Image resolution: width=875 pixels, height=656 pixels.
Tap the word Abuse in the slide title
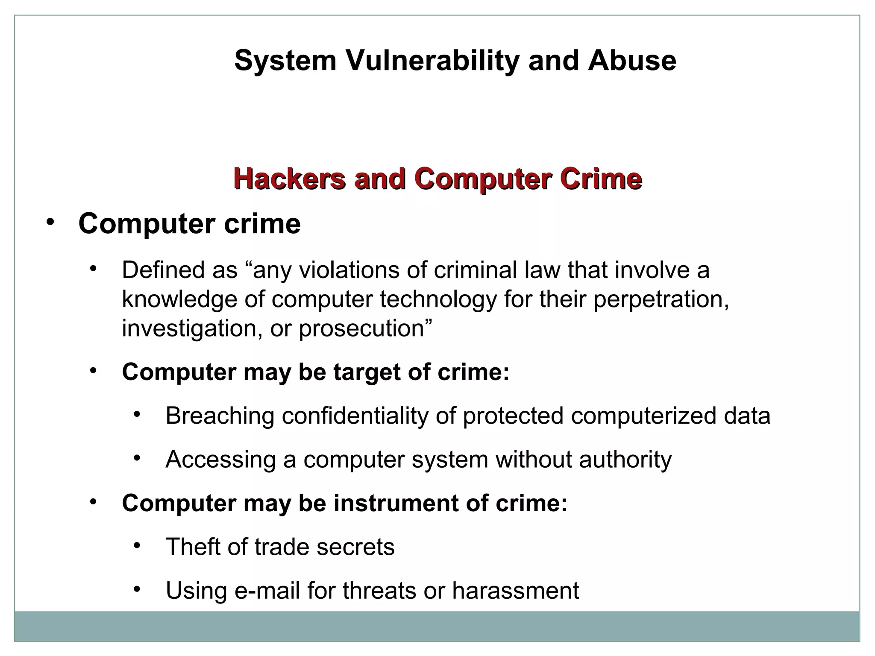coord(632,60)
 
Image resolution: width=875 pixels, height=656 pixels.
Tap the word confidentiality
coord(355,416)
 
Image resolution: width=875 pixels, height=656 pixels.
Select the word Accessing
coord(220,460)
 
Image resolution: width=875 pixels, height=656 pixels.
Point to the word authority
coord(625,460)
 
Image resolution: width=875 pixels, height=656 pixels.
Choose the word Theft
coord(193,547)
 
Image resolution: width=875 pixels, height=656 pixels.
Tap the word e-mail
coord(267,591)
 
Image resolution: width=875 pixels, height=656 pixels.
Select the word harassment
coord(515,591)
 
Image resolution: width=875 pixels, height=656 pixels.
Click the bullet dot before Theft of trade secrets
coord(137,545)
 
